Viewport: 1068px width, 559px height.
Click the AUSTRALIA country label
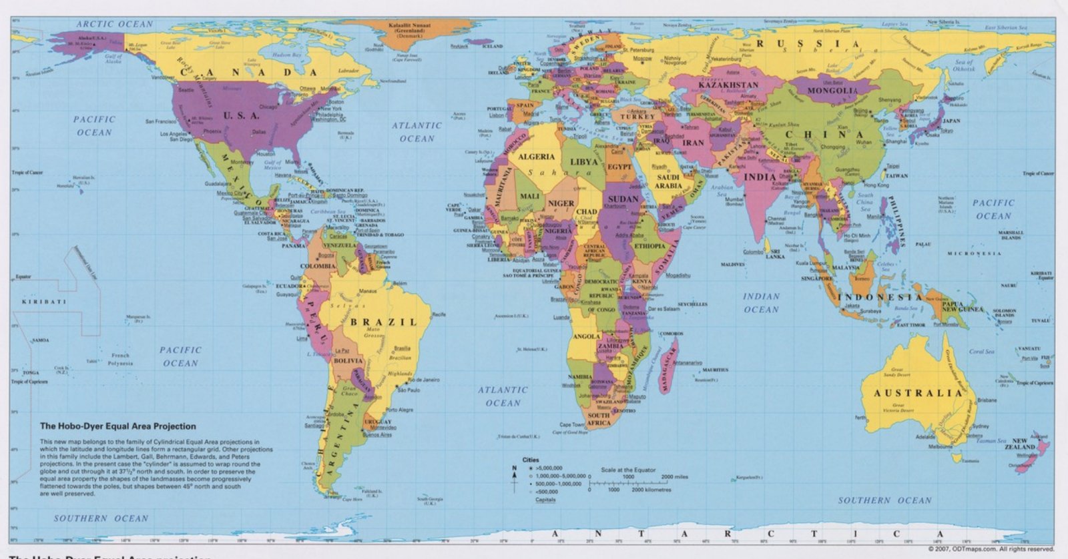point(918,393)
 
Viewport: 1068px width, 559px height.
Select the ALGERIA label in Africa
point(537,157)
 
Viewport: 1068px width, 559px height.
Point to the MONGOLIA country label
point(832,91)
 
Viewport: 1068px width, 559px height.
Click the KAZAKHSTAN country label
point(728,85)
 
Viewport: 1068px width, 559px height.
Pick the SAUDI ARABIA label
point(667,181)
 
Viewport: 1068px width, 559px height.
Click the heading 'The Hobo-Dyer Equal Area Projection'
point(118,426)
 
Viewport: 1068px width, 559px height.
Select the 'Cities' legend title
point(530,460)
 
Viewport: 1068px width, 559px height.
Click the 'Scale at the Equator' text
point(628,470)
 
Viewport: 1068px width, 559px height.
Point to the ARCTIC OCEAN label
point(114,24)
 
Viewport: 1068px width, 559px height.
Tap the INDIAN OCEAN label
point(761,303)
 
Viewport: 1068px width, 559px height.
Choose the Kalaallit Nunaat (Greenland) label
point(409,28)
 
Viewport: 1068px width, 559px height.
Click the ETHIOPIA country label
point(649,246)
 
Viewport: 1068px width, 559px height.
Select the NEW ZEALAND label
point(1020,444)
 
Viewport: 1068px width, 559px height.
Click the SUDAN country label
point(623,198)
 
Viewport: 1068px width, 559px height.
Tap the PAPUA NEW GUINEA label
point(963,307)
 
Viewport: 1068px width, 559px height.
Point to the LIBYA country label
point(583,162)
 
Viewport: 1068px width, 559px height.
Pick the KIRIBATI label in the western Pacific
point(44,302)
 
